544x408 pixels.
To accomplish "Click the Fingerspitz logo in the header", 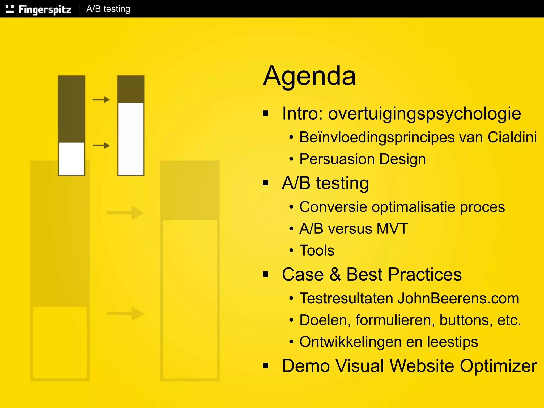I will click(x=39, y=9).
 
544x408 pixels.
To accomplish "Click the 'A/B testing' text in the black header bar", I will click(x=108, y=9).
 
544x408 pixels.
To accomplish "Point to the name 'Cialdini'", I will click(x=512, y=137).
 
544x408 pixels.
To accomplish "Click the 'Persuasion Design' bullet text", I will click(x=363, y=159).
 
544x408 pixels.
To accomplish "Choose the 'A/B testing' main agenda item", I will click(x=325, y=183).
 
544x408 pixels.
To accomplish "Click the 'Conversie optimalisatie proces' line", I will click(x=402, y=207).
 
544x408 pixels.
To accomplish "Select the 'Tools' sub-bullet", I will click(x=317, y=250).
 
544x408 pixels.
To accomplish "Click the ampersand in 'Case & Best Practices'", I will click(x=335, y=274).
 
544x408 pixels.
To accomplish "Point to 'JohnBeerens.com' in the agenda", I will click(x=458, y=298).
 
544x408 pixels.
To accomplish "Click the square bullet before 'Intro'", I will click(x=265, y=113).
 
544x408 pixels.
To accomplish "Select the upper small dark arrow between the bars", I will click(x=101, y=100).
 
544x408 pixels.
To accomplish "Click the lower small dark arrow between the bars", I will click(x=101, y=146).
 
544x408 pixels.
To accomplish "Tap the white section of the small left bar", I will click(x=71, y=159).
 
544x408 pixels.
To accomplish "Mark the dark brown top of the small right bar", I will click(x=131, y=89).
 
